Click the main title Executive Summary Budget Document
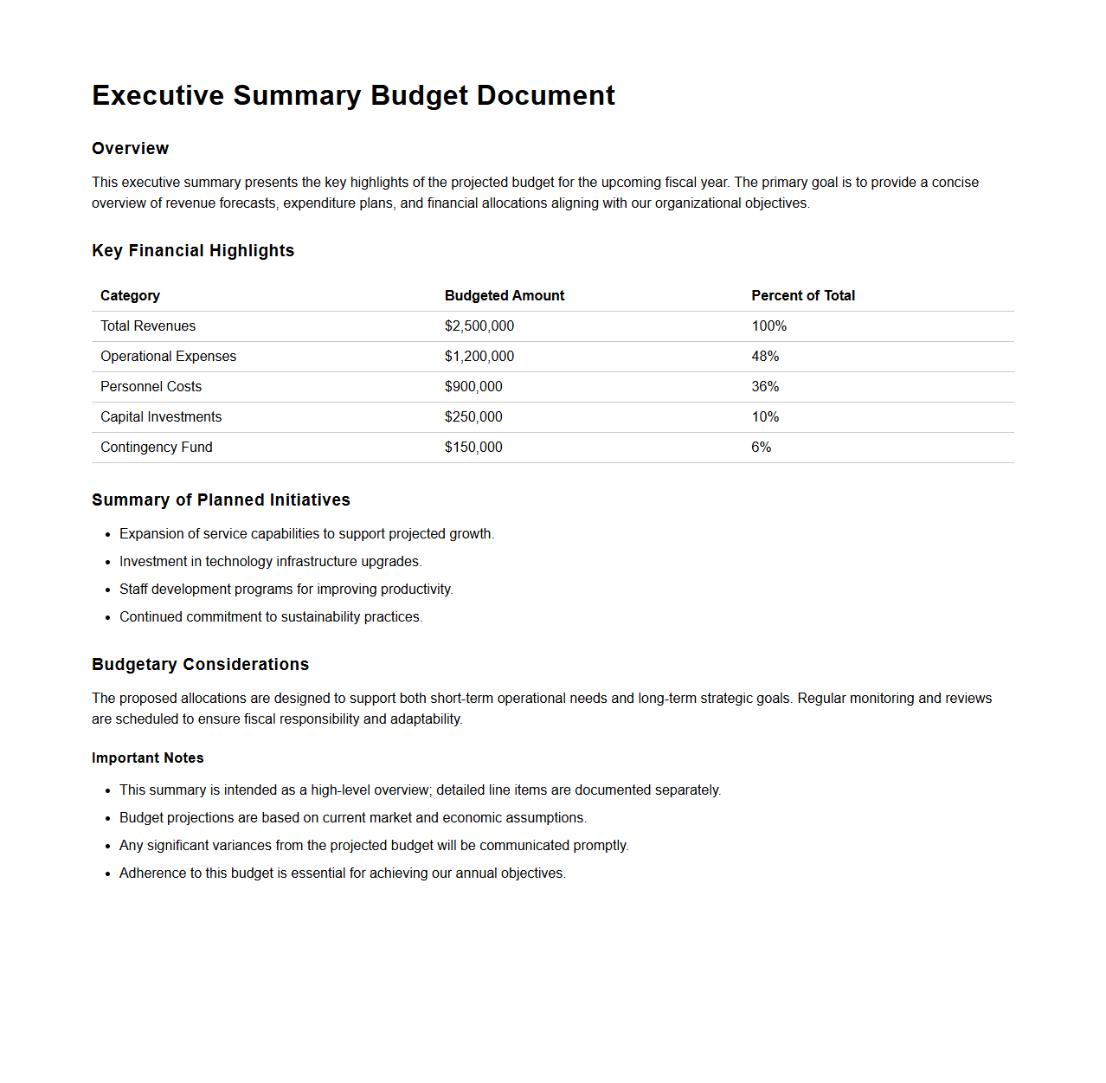[x=353, y=95]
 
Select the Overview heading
[x=131, y=149]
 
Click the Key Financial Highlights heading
[x=193, y=251]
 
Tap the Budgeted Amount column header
[x=505, y=296]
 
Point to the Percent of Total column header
[x=803, y=296]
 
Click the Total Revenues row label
[x=148, y=326]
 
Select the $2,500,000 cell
[x=479, y=326]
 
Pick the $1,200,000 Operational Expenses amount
[x=479, y=357]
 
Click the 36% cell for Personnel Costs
[x=765, y=387]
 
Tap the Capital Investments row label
[x=161, y=417]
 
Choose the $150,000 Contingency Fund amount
[x=473, y=448]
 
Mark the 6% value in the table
[x=762, y=448]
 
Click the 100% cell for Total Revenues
[x=769, y=326]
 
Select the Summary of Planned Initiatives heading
[x=221, y=500]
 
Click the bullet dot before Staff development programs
[x=108, y=590]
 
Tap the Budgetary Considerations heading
[x=200, y=665]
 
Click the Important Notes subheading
[x=148, y=758]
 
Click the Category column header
[x=130, y=296]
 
